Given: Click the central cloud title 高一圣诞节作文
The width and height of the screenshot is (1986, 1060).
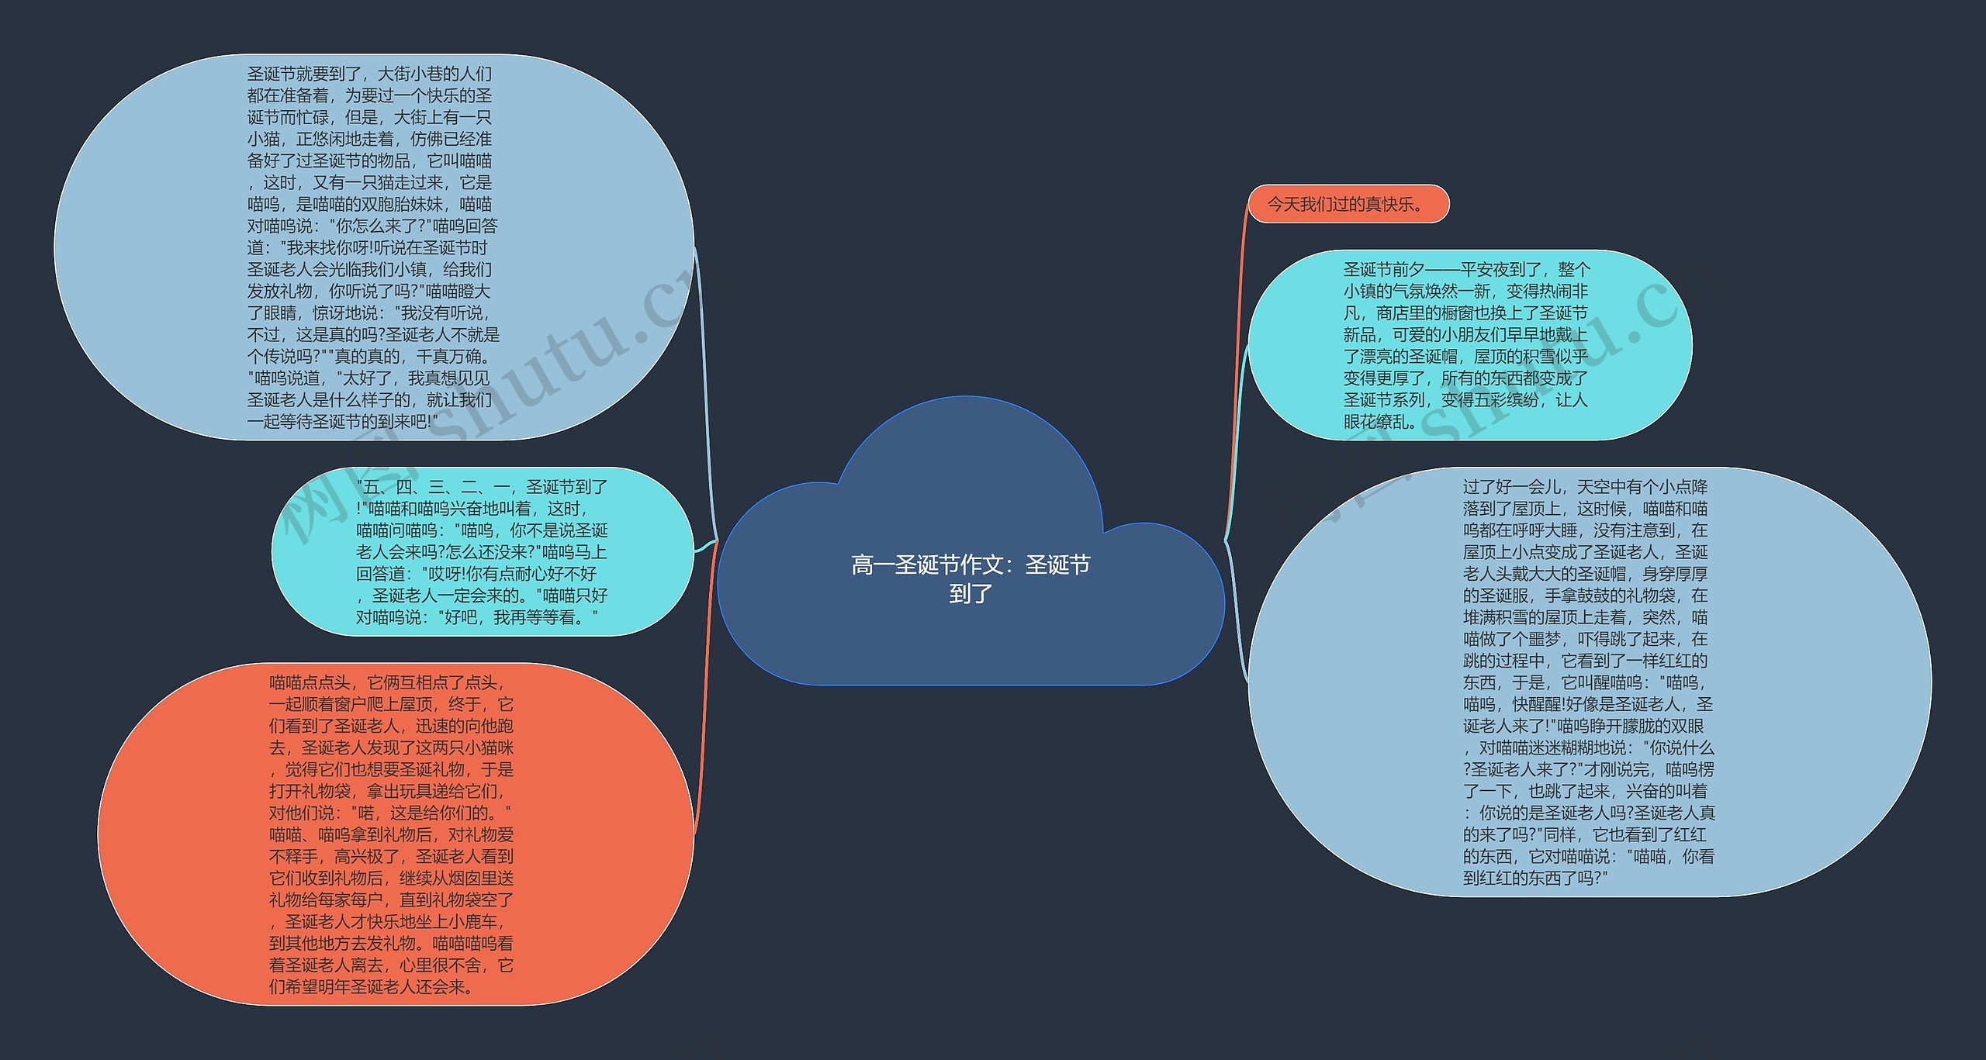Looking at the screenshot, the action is pyautogui.click(x=971, y=565).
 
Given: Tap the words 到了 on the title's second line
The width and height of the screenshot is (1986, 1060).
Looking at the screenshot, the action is pyautogui.click(x=971, y=594).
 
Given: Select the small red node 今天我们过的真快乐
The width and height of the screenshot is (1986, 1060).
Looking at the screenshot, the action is pyautogui.click(x=1348, y=205).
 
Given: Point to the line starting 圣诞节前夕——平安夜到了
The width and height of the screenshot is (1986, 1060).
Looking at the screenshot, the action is pyautogui.click(x=1466, y=270).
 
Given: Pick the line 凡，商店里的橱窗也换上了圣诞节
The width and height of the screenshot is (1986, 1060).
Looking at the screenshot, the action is pyautogui.click(x=1465, y=313).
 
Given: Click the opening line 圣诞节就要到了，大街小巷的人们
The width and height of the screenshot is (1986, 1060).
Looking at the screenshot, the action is pyautogui.click(x=369, y=74).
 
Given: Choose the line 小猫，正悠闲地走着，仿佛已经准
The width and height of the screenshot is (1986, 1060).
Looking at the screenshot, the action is pyautogui.click(x=369, y=140).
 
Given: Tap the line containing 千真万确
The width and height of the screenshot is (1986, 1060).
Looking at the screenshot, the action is pyautogui.click(x=369, y=357).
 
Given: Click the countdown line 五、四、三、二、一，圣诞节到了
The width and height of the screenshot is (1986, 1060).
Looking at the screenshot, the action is pyautogui.click(x=482, y=488).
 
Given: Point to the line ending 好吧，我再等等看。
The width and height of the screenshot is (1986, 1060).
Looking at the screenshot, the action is pyautogui.click(x=477, y=618).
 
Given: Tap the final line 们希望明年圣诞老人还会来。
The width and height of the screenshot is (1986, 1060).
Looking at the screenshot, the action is pyautogui.click(x=372, y=987).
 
